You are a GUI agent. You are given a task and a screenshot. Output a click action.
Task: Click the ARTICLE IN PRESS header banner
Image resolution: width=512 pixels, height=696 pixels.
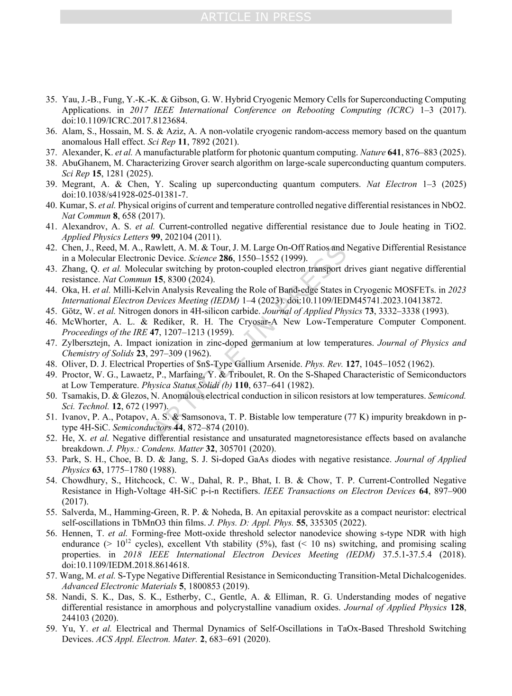click(256, 17)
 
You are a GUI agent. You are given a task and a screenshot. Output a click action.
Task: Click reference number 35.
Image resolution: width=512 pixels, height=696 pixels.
click(51, 100)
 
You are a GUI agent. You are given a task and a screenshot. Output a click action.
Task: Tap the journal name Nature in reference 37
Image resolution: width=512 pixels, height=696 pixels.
click(372, 152)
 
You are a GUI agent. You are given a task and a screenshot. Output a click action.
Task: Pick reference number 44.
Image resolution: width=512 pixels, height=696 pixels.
click(51, 290)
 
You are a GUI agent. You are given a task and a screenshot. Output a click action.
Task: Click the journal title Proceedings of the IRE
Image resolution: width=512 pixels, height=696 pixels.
click(101, 332)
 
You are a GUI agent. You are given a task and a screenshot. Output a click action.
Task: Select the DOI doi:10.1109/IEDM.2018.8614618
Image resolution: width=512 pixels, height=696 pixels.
click(126, 565)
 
